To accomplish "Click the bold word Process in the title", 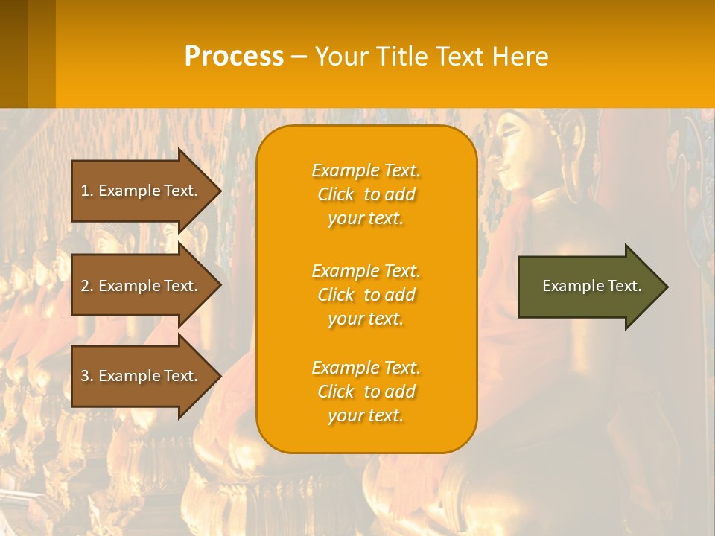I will tap(234, 57).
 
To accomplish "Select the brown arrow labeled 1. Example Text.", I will tap(142, 191).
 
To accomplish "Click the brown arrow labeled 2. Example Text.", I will tap(142, 286).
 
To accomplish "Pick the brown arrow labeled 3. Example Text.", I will tap(142, 376).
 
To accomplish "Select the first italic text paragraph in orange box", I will tap(366, 194).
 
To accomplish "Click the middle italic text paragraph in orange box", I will tap(366, 295).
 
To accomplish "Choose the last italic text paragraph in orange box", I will tap(366, 392).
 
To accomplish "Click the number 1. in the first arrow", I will tap(87, 191).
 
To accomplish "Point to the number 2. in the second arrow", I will tap(87, 286).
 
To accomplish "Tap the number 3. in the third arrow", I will tap(87, 376).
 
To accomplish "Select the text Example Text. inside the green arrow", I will tap(591, 286).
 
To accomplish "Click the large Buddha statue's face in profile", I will tap(514, 149).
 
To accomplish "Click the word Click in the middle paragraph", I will tap(335, 295).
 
